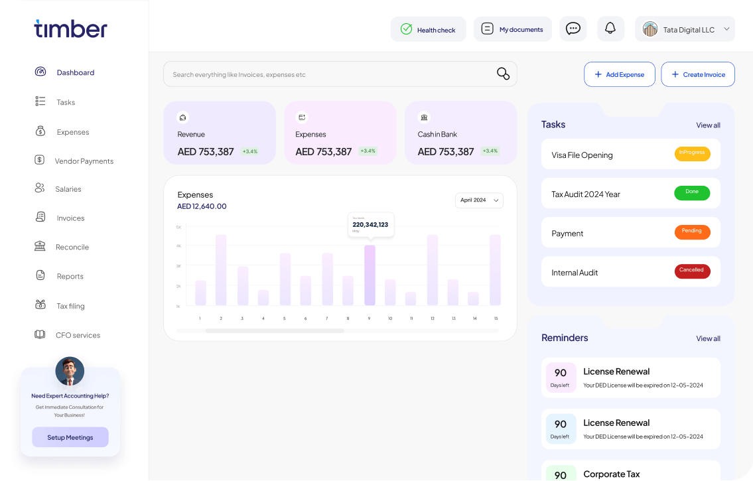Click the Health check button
point(428,29)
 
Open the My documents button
point(512,29)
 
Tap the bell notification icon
point(610,29)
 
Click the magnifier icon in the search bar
point(503,74)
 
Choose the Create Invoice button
point(697,74)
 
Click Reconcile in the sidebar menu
point(72,247)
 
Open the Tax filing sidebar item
point(70,306)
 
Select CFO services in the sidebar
point(78,335)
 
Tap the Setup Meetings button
point(70,437)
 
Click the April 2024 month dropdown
point(479,200)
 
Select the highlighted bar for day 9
point(370,275)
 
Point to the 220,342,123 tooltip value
point(370,225)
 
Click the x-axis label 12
point(432,318)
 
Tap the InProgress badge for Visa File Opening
point(692,154)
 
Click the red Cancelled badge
point(692,271)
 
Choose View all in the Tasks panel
point(708,125)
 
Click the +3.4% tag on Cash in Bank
point(490,151)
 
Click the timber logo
point(70,29)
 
